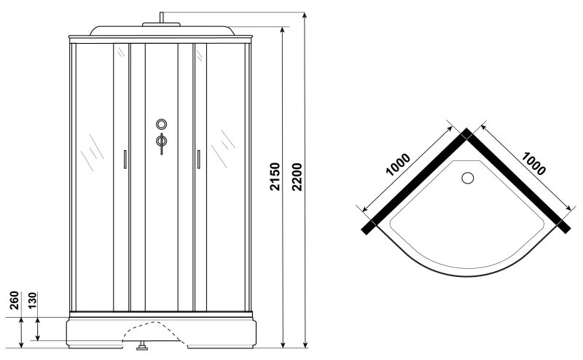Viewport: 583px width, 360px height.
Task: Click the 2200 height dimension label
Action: point(297,176)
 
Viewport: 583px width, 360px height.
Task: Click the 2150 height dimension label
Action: point(275,176)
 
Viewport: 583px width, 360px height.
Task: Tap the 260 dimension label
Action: point(14,300)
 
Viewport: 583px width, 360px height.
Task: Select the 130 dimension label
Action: point(32,300)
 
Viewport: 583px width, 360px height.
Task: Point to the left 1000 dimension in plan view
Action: point(398,164)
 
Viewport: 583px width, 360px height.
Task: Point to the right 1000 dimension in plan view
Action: point(533,163)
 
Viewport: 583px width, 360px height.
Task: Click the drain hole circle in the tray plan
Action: point(467,178)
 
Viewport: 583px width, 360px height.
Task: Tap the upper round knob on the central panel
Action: point(161,124)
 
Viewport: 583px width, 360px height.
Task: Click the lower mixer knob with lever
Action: point(161,141)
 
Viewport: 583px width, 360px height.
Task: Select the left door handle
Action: point(125,159)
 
